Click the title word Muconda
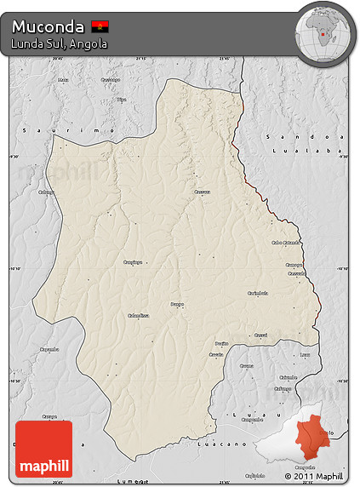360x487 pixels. pos(48,26)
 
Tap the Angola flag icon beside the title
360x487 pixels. pos(100,26)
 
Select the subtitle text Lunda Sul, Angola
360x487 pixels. pos(59,43)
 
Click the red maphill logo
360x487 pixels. pos(43,449)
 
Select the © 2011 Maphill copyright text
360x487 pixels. pos(314,476)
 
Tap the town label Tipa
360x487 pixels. pos(121,100)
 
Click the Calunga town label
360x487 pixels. pos(45,192)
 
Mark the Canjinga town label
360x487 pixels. pos(133,262)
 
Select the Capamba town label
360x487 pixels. pos(49,348)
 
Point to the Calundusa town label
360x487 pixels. pos(138,315)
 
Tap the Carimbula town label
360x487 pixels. pos(257,293)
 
